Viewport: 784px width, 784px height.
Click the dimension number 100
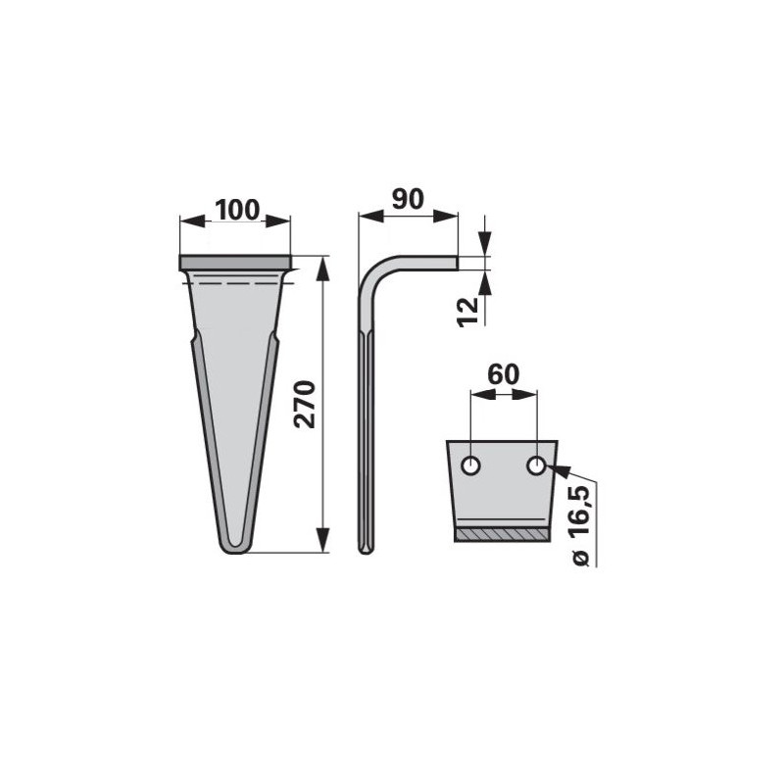tap(237, 210)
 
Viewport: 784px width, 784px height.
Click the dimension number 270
tap(305, 405)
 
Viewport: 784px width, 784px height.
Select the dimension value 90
tap(408, 199)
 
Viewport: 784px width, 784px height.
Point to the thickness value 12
tap(468, 312)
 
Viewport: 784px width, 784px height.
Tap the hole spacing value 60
tap(504, 374)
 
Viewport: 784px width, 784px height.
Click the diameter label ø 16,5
tap(580, 525)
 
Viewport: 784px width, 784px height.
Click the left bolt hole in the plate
tap(470, 466)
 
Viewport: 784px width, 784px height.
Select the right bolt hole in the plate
tap(536, 466)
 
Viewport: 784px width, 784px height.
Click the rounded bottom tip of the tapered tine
tap(234, 548)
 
